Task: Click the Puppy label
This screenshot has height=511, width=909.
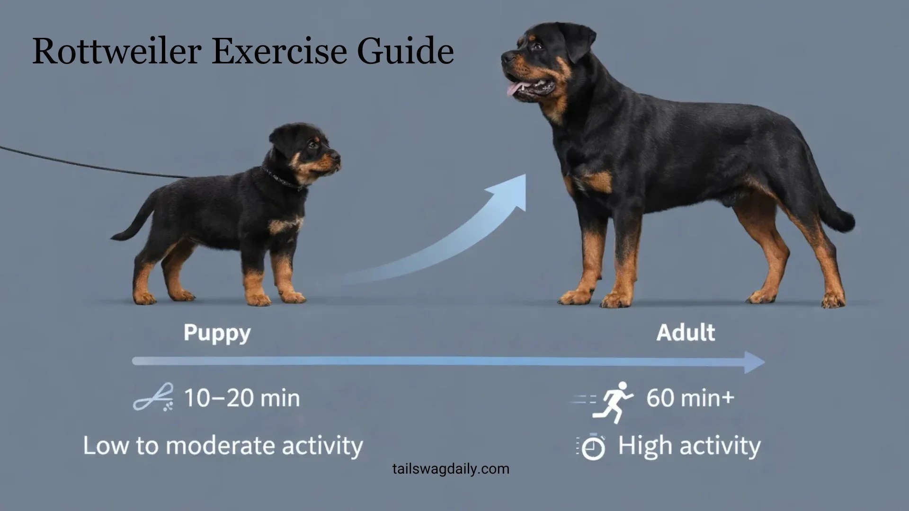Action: pyautogui.click(x=217, y=333)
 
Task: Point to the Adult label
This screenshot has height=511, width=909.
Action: pyautogui.click(x=686, y=333)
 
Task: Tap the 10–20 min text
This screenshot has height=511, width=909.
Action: pyautogui.click(x=241, y=398)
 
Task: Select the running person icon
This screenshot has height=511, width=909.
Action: pyautogui.click(x=615, y=402)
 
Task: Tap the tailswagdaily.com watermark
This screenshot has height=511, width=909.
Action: pyautogui.click(x=451, y=469)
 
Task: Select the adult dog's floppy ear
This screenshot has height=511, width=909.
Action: pyautogui.click(x=580, y=40)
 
